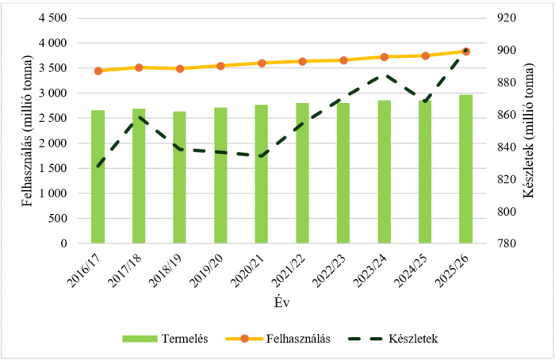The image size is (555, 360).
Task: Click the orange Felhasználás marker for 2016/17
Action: [x=98, y=71]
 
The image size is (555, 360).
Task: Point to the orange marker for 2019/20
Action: [x=220, y=66]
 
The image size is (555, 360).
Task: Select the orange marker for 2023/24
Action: [x=384, y=57]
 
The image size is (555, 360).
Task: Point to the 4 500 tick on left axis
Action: [x=52, y=17]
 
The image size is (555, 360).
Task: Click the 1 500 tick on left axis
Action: [x=52, y=168]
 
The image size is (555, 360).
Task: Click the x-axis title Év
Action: [x=281, y=302]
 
